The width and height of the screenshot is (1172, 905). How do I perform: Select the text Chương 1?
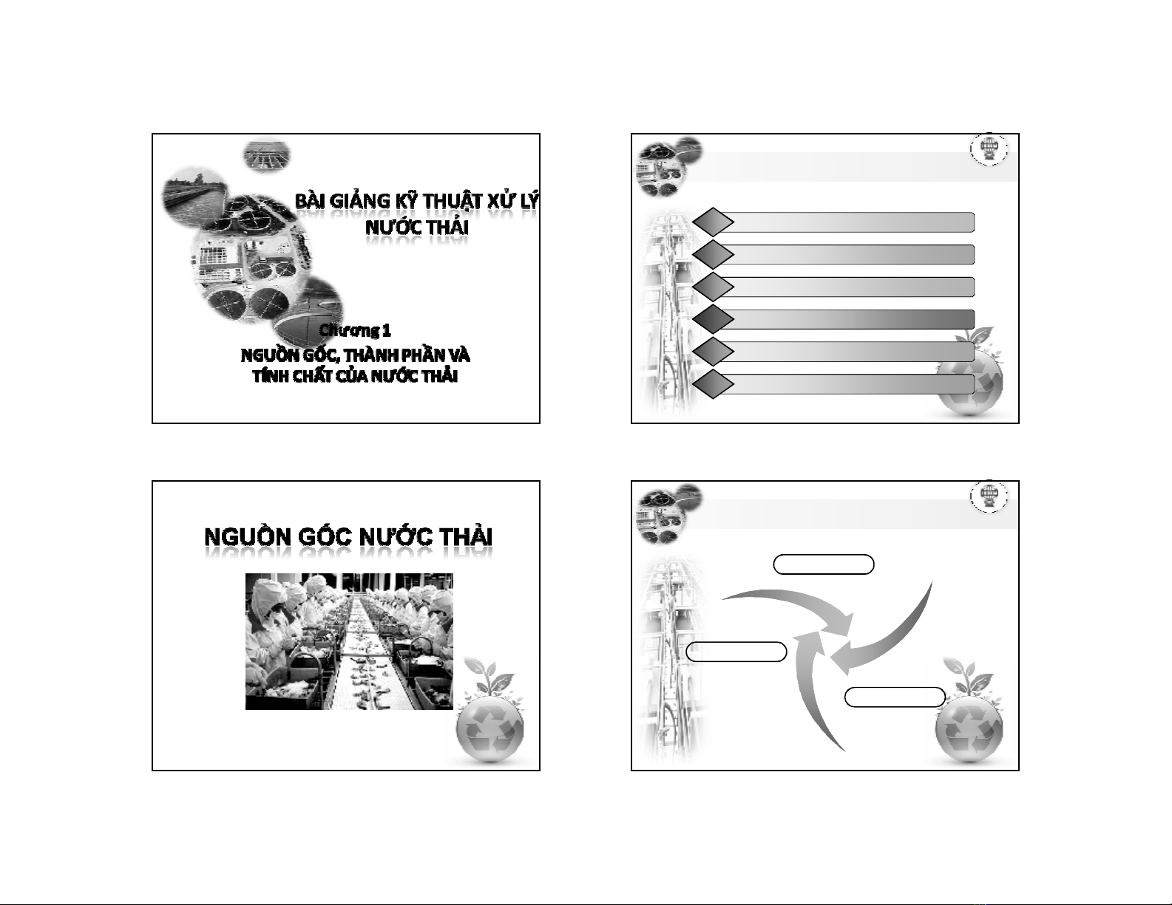point(355,330)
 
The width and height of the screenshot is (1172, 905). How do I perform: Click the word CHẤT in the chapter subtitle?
point(312,376)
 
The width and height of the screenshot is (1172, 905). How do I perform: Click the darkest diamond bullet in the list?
point(713,319)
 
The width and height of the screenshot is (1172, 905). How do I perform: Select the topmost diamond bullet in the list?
point(713,222)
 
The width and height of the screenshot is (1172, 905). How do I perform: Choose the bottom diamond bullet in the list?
point(713,384)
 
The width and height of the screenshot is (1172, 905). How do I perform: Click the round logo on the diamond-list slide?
point(989,149)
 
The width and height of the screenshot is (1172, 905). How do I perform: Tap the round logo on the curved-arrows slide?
point(989,496)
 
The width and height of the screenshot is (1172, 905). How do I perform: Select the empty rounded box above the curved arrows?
point(824,564)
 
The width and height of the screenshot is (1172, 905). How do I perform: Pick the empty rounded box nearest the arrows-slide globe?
point(895,697)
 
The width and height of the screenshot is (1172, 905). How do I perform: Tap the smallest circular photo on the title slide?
point(267,156)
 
